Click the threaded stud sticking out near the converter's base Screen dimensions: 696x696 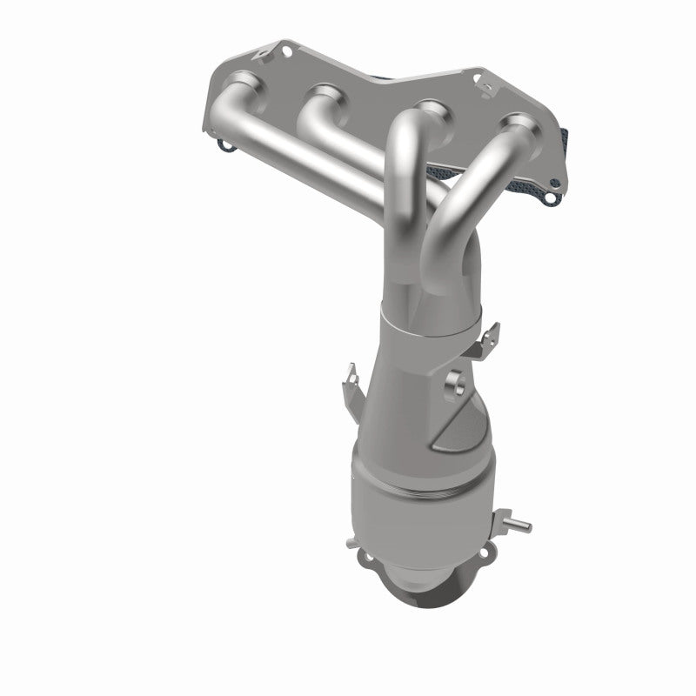[x=519, y=526]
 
